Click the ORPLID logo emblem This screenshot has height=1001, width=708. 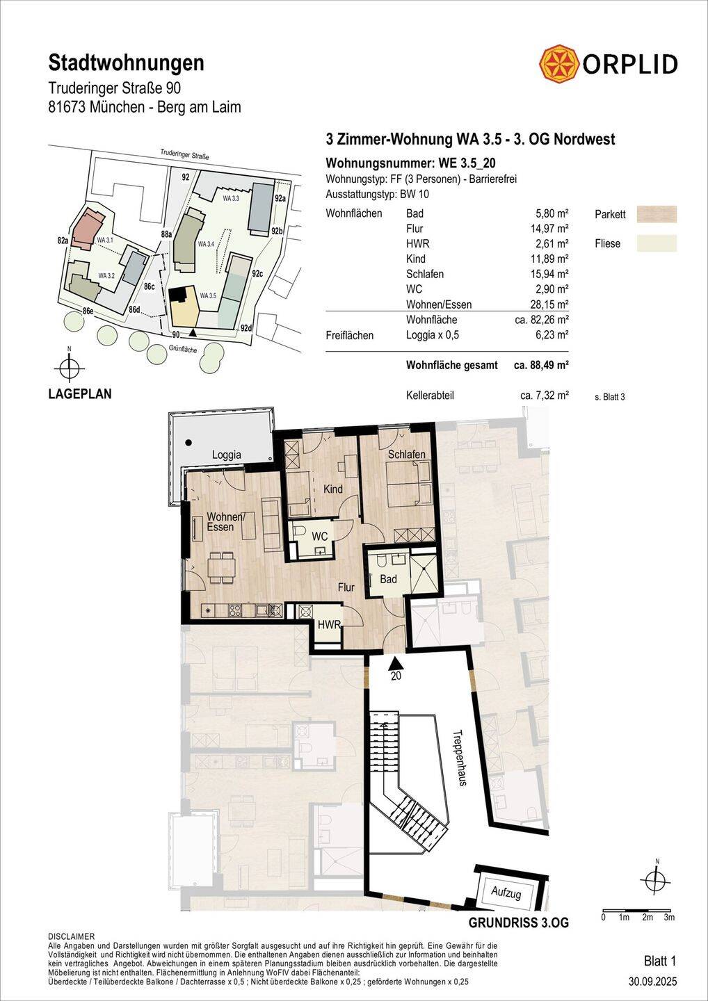(559, 64)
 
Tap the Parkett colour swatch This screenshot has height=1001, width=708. (657, 214)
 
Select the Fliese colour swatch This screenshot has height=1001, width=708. (657, 243)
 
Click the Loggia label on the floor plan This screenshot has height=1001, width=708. (227, 455)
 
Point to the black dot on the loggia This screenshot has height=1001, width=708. (189, 443)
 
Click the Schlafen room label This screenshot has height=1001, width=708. (407, 455)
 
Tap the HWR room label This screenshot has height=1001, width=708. (330, 624)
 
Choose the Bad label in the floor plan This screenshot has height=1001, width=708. (388, 579)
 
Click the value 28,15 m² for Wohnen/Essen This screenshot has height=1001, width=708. (549, 304)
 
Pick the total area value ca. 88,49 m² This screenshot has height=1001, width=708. (541, 365)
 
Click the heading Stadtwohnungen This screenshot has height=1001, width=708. (126, 63)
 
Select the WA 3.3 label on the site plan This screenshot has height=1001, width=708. (231, 198)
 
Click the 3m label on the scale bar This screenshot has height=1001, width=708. (669, 918)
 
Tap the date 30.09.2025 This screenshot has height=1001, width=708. (653, 982)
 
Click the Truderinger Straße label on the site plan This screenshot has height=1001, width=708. (184, 154)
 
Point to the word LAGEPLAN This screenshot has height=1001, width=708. (80, 394)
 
